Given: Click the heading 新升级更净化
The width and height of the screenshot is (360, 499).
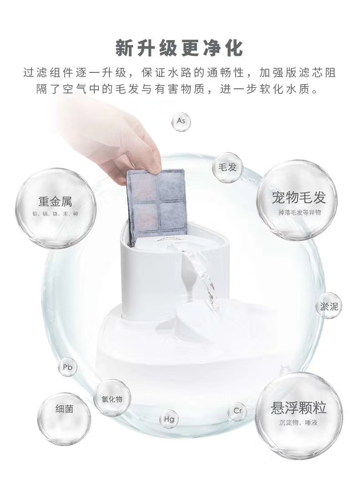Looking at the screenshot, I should (x=180, y=48).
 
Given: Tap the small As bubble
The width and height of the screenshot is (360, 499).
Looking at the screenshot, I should (x=181, y=122).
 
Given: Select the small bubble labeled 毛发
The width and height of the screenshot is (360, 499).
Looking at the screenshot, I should (x=227, y=168).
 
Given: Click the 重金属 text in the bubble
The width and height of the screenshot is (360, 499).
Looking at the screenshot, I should (x=55, y=201).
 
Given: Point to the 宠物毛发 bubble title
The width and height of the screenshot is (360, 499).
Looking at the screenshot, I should (x=298, y=198).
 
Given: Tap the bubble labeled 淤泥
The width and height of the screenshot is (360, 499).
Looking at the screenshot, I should (x=329, y=306).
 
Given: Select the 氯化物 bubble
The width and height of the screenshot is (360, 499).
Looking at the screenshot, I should (x=112, y=399).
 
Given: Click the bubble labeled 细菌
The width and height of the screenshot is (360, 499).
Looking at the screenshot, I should (x=64, y=408).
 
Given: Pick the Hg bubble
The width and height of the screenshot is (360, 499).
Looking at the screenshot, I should (x=169, y=419).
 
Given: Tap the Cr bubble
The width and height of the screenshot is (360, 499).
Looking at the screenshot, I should (x=237, y=411).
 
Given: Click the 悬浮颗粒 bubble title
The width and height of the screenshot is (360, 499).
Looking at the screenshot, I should (x=298, y=407).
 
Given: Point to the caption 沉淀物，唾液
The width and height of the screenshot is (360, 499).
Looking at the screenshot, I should (x=298, y=423).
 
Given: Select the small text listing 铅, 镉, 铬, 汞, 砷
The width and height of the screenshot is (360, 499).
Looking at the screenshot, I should (x=55, y=214).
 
